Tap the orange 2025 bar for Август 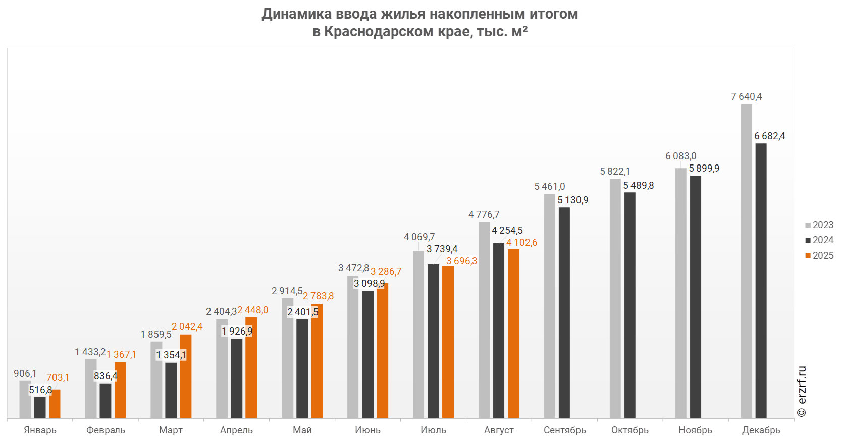click(x=513, y=334)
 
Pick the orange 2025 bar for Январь click(x=55, y=404)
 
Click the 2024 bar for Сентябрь click(x=564, y=313)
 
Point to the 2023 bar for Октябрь click(x=615, y=298)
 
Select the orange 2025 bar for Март click(x=186, y=376)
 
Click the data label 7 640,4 click(x=746, y=96)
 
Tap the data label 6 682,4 click(x=769, y=136)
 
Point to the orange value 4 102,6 click(x=521, y=242)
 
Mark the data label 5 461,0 click(x=549, y=186)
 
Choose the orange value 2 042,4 click(x=187, y=326)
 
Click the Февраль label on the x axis click(x=106, y=430)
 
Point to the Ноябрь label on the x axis click(x=695, y=430)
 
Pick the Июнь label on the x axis click(x=367, y=430)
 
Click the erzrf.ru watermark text click(x=802, y=391)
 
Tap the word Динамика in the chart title click(x=297, y=14)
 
